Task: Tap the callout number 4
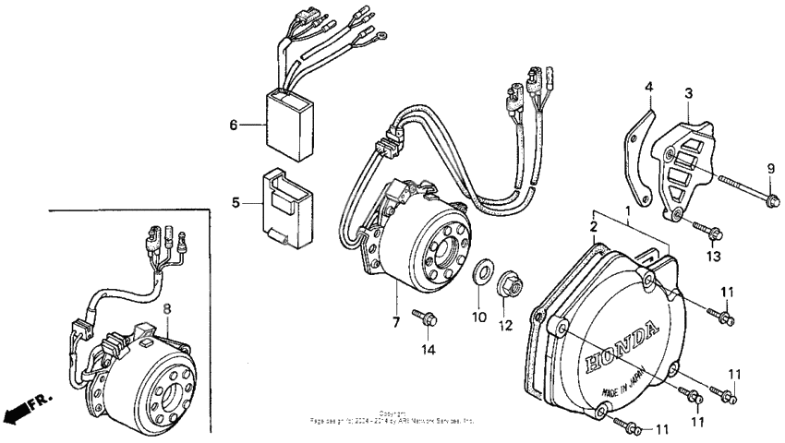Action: tap(649, 88)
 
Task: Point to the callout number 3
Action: tap(688, 93)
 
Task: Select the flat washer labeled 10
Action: tap(481, 274)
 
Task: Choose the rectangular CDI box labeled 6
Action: tap(291, 121)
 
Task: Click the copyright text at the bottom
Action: tap(392, 417)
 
